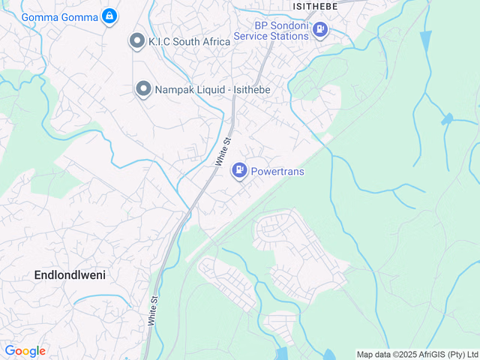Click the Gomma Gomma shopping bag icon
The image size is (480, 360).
pos(109,16)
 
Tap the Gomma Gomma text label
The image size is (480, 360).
pos(60,16)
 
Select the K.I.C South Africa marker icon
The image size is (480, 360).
pos(136,40)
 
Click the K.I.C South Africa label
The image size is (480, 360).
pos(189,41)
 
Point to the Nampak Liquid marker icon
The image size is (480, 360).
pos(142,89)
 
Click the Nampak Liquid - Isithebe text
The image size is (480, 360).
pos(212,89)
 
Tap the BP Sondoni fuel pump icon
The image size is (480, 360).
pos(320,29)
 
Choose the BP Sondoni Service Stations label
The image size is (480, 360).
pos(271,29)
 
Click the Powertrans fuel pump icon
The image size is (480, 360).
pos(239,171)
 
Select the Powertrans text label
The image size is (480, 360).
pos(277,171)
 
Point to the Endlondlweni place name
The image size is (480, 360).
pos(70,275)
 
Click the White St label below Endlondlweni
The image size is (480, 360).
pos(153,308)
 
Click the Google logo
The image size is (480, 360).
pos(25,351)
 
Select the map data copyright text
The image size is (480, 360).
pos(417,354)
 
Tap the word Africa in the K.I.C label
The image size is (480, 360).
pos(212,41)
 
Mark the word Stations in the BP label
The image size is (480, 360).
pos(291,35)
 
